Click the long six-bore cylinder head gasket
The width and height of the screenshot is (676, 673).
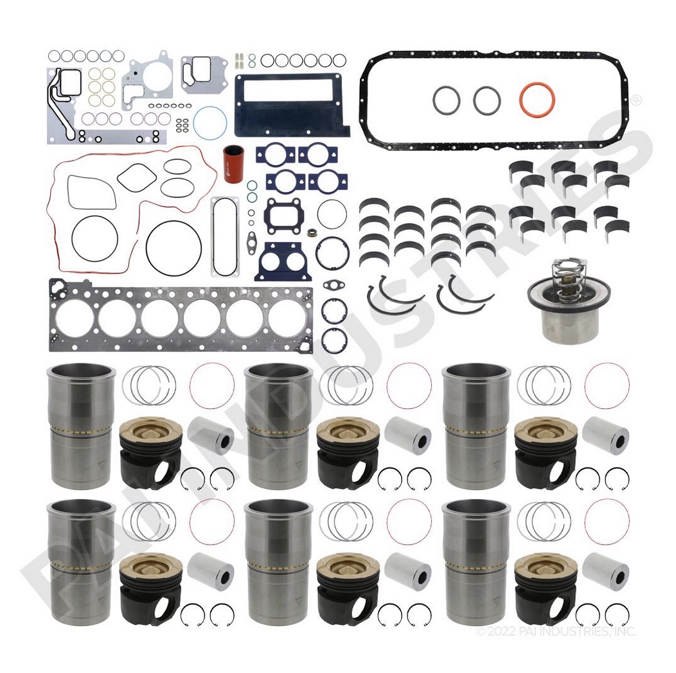coord(181,317)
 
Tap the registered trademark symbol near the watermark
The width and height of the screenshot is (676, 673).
coord(636,101)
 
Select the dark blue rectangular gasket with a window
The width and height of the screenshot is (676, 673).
coord(291,105)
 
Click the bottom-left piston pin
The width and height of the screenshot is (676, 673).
coord(211,572)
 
